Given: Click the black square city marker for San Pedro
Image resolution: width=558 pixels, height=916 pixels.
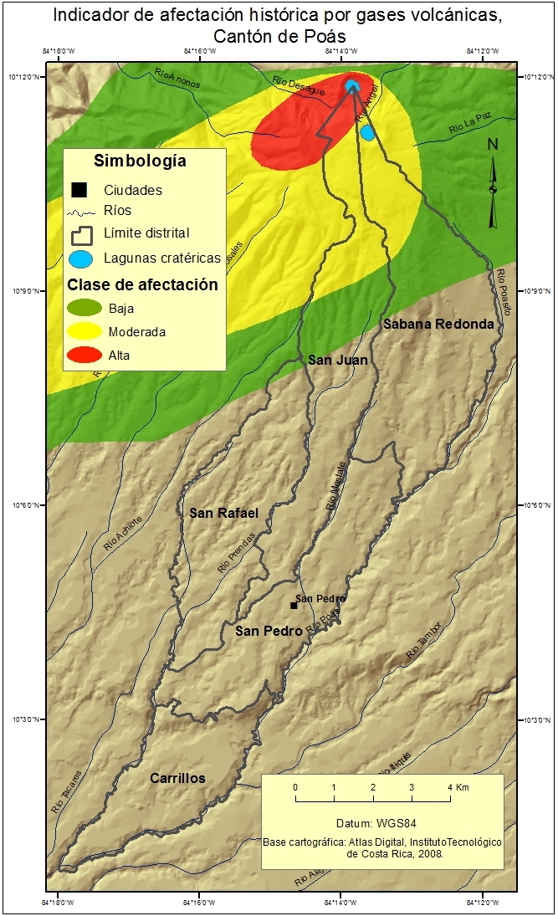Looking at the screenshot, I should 294,605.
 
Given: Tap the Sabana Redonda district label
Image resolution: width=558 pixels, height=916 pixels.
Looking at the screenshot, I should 438,324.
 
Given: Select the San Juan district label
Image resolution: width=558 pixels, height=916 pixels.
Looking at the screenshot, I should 338,360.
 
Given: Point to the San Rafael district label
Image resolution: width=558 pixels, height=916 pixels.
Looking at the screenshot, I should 223,512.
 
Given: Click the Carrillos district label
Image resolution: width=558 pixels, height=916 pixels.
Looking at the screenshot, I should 177,778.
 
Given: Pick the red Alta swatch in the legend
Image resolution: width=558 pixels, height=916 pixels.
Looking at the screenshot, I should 85,356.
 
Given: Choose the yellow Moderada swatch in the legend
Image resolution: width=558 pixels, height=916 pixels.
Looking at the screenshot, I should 85,332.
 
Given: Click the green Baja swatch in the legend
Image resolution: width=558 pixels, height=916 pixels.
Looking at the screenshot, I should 85,308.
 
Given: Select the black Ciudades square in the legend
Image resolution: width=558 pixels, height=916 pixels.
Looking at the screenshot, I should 79,190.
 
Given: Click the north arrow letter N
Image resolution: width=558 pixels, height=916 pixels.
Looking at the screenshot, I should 493,144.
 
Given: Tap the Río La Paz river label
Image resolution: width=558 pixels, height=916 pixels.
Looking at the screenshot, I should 468,127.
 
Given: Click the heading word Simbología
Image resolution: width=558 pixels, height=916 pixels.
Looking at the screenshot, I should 140,161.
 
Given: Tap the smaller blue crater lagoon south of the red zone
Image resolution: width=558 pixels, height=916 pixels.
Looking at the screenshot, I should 366,132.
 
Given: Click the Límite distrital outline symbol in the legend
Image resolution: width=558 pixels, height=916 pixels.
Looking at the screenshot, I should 81,233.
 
